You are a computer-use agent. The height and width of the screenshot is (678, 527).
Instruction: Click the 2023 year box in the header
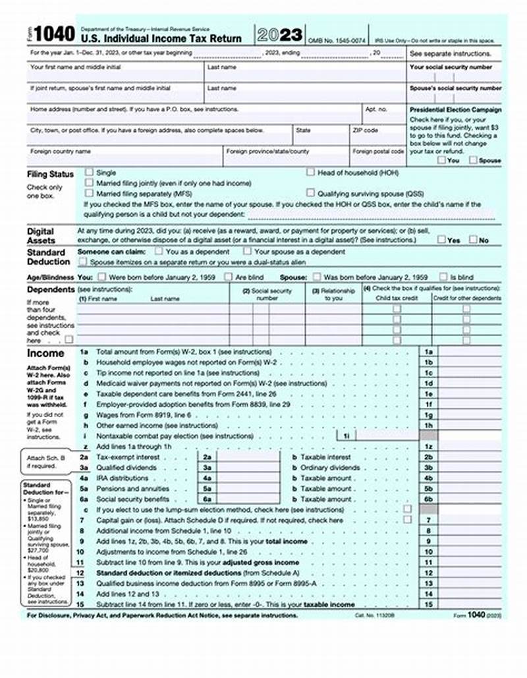pyautogui.click(x=280, y=35)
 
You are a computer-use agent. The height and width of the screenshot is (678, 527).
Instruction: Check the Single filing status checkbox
pyautogui.click(x=90, y=172)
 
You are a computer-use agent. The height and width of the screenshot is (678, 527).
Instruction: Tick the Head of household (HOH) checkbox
pyautogui.click(x=310, y=172)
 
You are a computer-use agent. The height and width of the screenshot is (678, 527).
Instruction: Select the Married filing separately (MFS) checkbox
pyautogui.click(x=90, y=194)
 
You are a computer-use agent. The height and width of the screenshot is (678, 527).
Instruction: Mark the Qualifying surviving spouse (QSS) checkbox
pyautogui.click(x=310, y=194)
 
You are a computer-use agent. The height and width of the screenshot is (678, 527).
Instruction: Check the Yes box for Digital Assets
pyautogui.click(x=441, y=240)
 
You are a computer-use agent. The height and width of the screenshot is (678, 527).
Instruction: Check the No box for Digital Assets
pyautogui.click(x=473, y=240)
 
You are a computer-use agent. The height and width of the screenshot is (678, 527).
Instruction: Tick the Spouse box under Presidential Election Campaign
pyautogui.click(x=473, y=159)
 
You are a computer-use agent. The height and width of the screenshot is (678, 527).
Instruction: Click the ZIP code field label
pyautogui.click(x=366, y=130)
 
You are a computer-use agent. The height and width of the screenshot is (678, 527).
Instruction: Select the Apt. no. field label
pyautogui.click(x=376, y=109)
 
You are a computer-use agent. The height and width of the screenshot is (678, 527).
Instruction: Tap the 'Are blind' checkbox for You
pyautogui.click(x=229, y=277)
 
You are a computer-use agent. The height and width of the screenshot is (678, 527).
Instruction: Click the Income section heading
pyautogui.click(x=45, y=353)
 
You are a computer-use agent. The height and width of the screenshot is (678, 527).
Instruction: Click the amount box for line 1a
pyautogui.click(x=472, y=353)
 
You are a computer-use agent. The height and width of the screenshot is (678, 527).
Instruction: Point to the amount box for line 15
pyautogui.click(x=472, y=604)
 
